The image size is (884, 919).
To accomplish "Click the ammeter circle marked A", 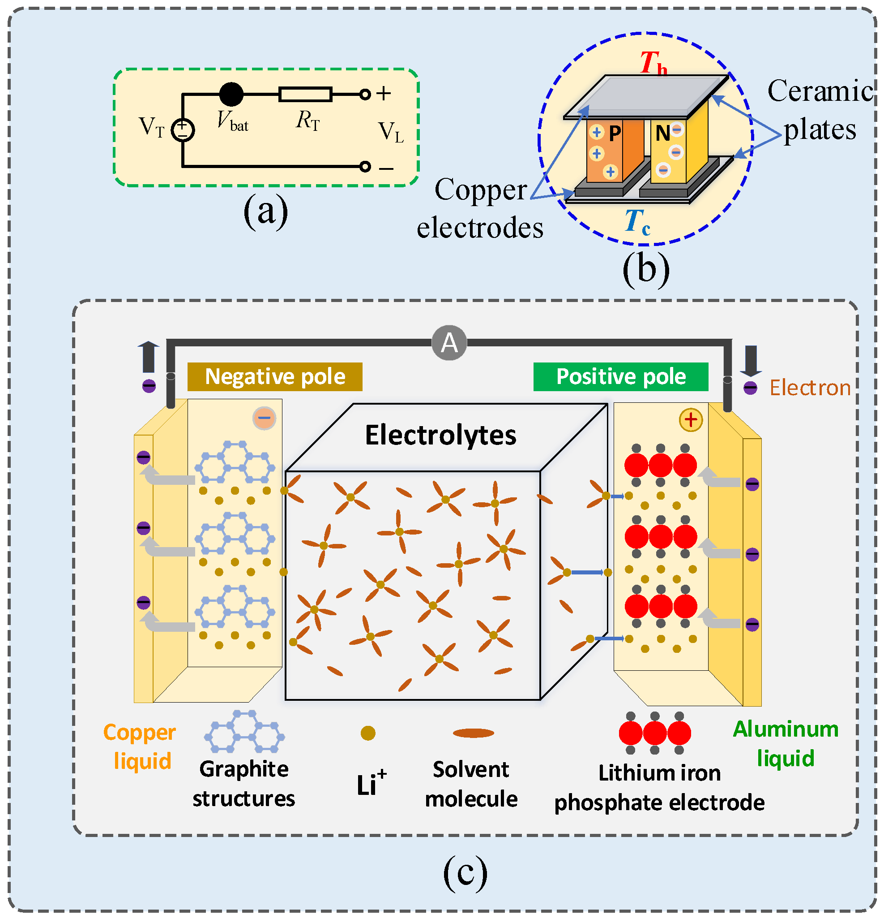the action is click(449, 343).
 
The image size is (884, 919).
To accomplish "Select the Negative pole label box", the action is click(275, 376).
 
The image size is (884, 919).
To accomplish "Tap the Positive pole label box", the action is click(621, 376).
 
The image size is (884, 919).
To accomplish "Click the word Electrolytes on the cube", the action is click(441, 435).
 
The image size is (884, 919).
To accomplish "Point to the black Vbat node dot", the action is click(231, 94).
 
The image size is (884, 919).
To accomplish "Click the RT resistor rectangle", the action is click(305, 94).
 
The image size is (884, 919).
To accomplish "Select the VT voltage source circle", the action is click(183, 130).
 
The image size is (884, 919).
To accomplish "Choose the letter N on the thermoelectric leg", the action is click(663, 134).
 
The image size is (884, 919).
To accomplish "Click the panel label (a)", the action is click(265, 211).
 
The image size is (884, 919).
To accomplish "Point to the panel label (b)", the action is click(646, 269).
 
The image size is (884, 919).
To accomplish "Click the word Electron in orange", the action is click(810, 388).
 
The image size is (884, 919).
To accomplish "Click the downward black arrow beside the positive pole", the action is click(751, 361).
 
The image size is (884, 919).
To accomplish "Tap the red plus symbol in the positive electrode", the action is click(691, 420).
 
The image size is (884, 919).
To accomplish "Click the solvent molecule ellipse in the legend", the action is click(473, 733).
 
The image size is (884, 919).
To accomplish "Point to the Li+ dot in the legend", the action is click(368, 733).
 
